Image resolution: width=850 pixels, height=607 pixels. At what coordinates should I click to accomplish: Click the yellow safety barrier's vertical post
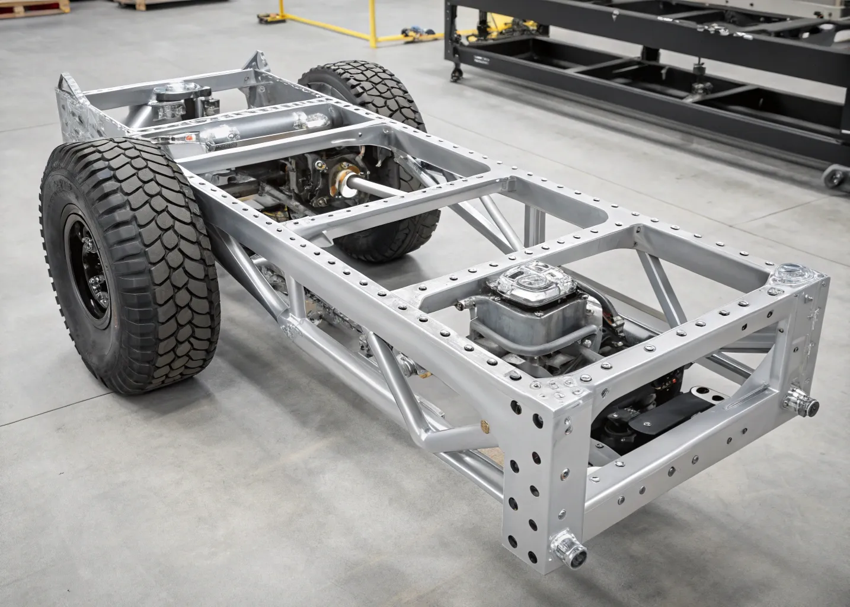pyautogui.click(x=373, y=24)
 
